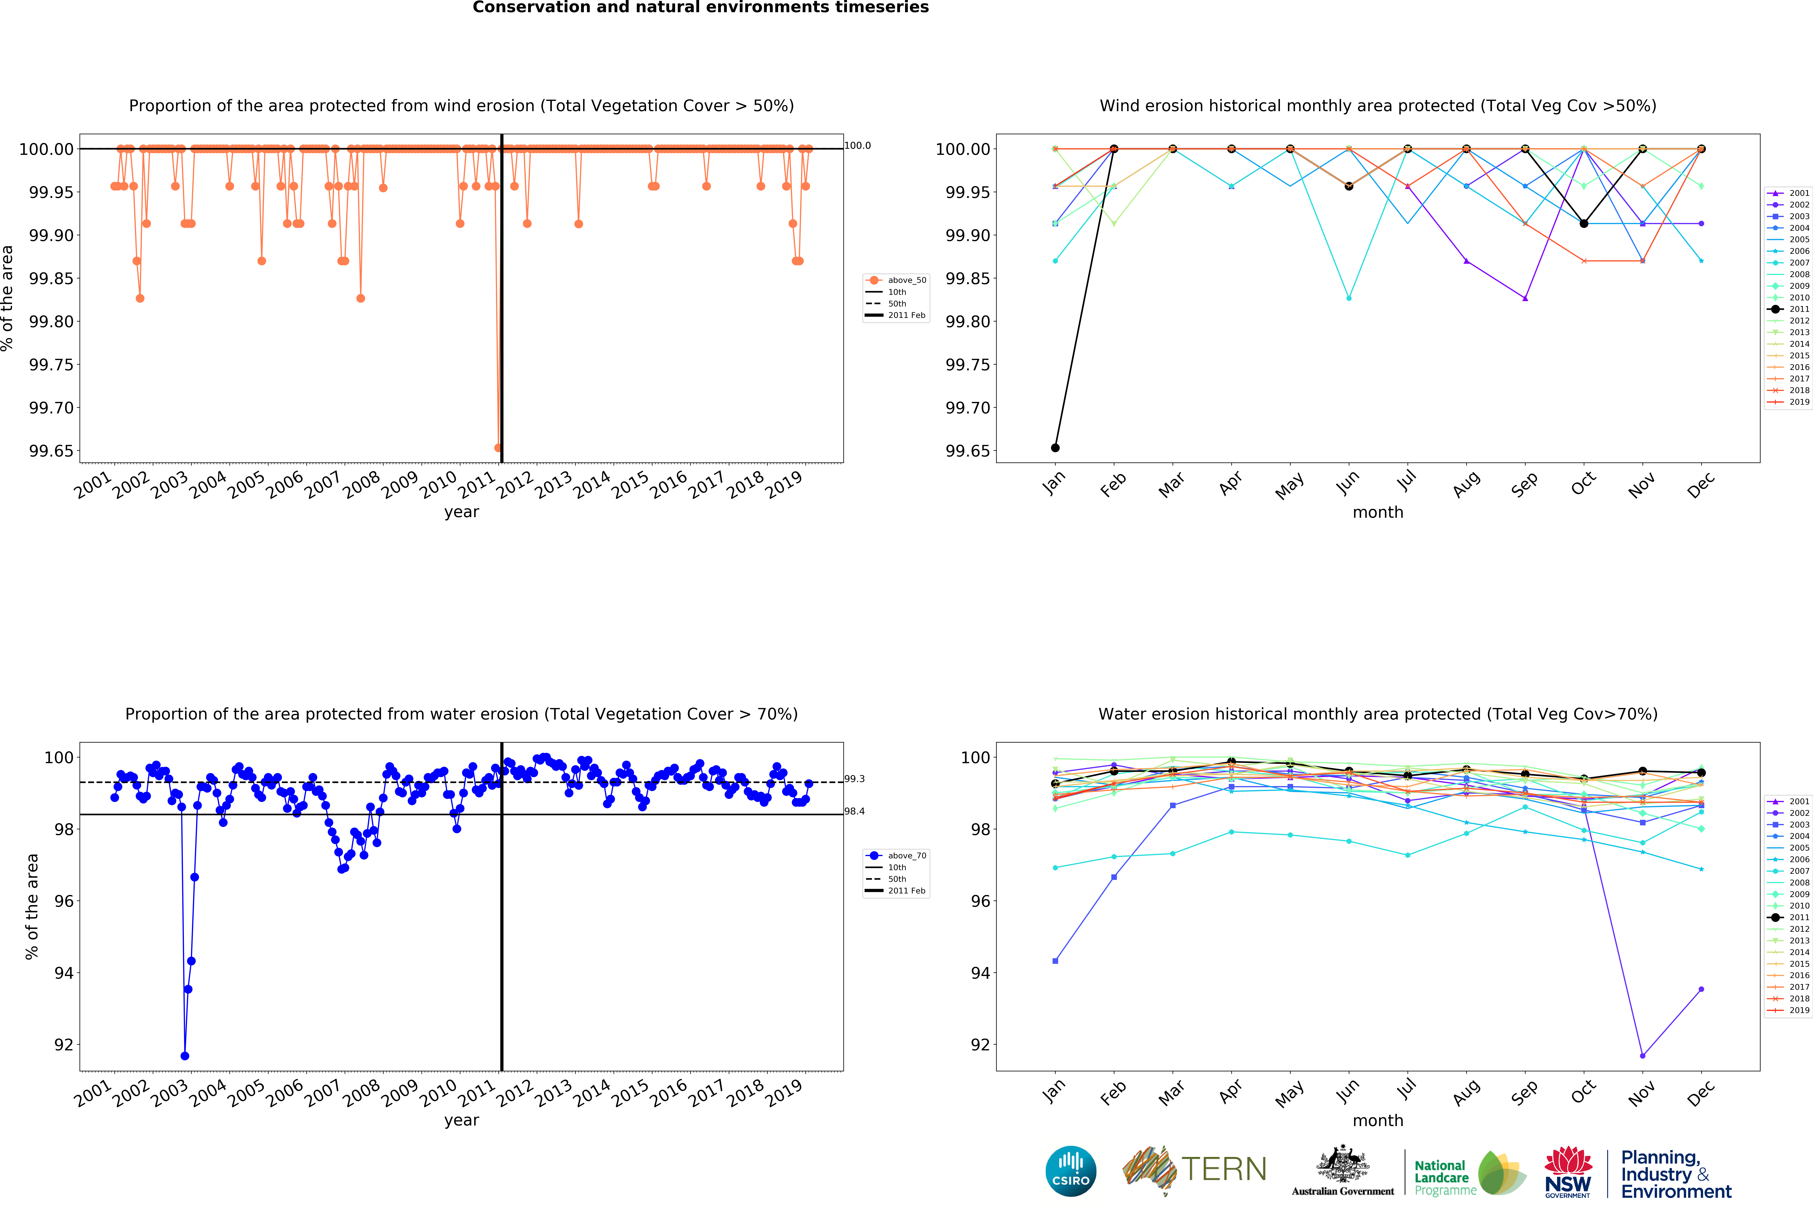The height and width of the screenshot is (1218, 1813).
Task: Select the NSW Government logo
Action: (1568, 1171)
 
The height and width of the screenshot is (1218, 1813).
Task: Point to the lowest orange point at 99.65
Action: (498, 447)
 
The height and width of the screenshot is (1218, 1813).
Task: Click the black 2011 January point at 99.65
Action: (1055, 447)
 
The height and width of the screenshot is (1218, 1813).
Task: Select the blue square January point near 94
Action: (1055, 961)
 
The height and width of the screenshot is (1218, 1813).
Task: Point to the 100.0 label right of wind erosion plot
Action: (857, 145)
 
